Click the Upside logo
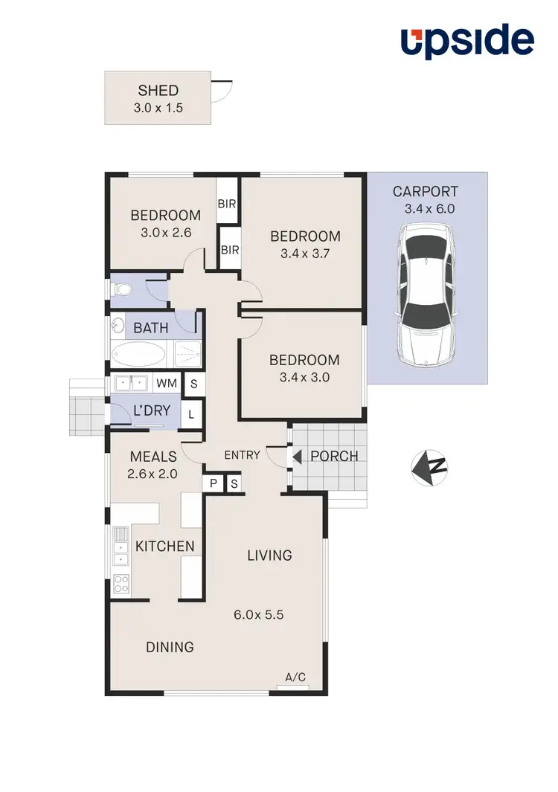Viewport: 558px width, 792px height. (x=467, y=42)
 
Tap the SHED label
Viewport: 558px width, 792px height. (x=158, y=91)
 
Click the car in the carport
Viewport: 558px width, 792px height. (x=426, y=295)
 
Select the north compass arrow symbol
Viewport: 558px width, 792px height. (x=429, y=467)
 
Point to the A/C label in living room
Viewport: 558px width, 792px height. (x=295, y=677)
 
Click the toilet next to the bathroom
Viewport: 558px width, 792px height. (x=120, y=290)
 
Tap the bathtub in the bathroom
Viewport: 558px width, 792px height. (x=141, y=353)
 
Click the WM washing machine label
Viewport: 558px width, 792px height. (x=165, y=384)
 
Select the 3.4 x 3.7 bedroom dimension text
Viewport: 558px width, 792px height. (x=305, y=253)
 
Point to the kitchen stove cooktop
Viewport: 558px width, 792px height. (x=120, y=585)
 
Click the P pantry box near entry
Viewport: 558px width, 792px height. (x=213, y=483)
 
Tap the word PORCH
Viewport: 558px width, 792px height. (x=334, y=456)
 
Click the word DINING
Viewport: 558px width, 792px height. (x=170, y=647)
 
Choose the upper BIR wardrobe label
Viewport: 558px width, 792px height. (x=226, y=203)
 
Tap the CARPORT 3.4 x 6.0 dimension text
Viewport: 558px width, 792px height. (x=429, y=209)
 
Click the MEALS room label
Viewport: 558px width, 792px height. (x=153, y=457)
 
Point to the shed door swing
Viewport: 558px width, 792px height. (x=219, y=91)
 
